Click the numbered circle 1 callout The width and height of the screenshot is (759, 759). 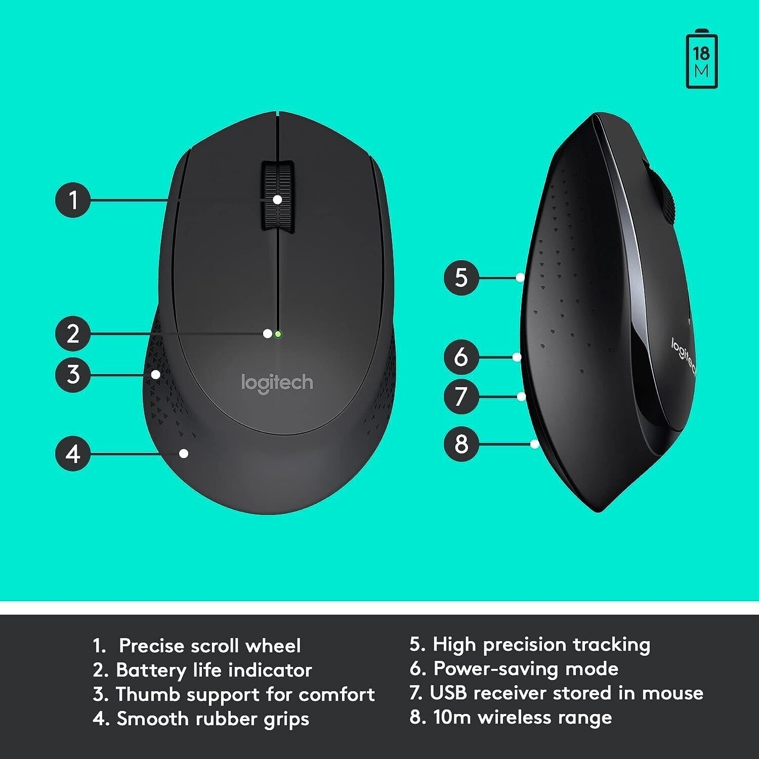[x=73, y=200]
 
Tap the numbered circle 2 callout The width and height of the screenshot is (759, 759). [x=73, y=334]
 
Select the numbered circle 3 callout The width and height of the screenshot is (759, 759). [x=73, y=374]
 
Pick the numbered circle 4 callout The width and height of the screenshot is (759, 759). [x=73, y=453]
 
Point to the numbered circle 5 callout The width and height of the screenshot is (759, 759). [x=461, y=277]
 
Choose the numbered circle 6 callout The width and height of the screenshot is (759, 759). [x=461, y=357]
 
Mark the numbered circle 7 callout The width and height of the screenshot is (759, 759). [x=461, y=396]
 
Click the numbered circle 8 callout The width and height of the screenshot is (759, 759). [x=461, y=444]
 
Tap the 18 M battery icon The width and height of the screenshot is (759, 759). [x=701, y=59]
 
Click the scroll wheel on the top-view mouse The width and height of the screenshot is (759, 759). [x=277, y=197]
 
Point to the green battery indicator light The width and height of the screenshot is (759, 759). [x=278, y=334]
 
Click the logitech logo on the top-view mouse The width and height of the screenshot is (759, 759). [x=277, y=383]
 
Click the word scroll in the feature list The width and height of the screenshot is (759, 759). [x=214, y=646]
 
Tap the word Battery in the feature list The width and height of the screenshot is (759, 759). [x=151, y=670]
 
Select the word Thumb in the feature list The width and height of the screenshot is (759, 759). [x=147, y=695]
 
